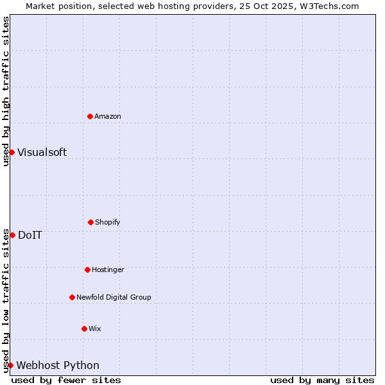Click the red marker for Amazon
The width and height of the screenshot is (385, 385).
tap(90, 116)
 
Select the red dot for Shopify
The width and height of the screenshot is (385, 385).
tap(90, 222)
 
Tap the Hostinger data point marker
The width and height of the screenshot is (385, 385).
tap(87, 269)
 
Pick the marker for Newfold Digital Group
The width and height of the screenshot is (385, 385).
tap(72, 297)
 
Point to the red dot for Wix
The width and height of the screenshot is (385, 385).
tap(84, 329)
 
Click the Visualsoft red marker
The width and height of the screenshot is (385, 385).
tap(12, 152)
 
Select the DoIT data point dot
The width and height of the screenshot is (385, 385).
tap(12, 235)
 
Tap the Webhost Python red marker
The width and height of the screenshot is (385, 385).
tap(10, 365)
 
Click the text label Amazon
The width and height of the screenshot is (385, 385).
tap(108, 116)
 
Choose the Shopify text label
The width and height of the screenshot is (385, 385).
tap(108, 222)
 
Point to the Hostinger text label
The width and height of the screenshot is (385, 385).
tap(108, 269)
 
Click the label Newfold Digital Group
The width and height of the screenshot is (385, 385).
tap(114, 297)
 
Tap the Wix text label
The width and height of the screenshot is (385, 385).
tap(95, 329)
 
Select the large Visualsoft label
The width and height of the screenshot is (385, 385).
tap(42, 152)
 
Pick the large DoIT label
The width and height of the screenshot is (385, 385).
tap(30, 235)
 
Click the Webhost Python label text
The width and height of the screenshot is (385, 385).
tap(58, 365)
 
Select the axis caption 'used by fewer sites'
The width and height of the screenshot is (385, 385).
tap(66, 380)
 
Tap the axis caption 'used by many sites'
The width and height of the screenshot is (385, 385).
tap(322, 380)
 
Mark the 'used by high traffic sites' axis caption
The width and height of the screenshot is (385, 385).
tap(6, 91)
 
